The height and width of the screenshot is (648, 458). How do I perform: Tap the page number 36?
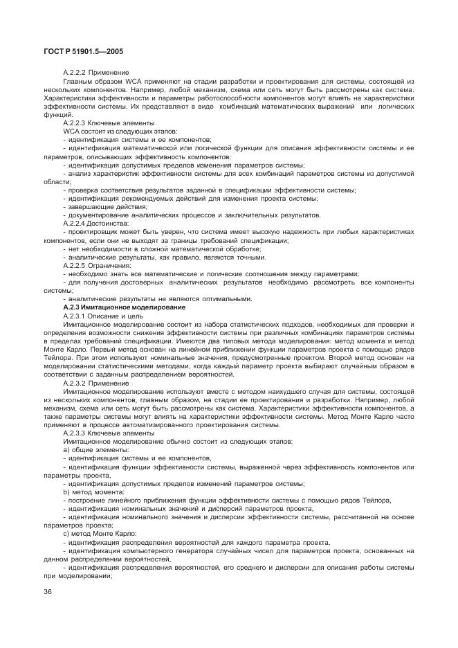tap(48, 591)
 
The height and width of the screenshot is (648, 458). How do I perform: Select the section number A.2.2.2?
tap(74, 73)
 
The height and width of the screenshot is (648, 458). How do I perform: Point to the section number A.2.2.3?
tap(74, 123)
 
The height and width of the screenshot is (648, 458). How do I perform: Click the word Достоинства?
tap(109, 224)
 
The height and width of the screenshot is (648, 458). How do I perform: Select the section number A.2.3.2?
tap(74, 382)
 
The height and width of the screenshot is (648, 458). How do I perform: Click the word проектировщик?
tap(93, 232)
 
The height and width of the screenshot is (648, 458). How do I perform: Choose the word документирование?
tap(96, 215)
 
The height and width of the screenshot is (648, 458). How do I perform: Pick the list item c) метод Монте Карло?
tap(100, 532)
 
